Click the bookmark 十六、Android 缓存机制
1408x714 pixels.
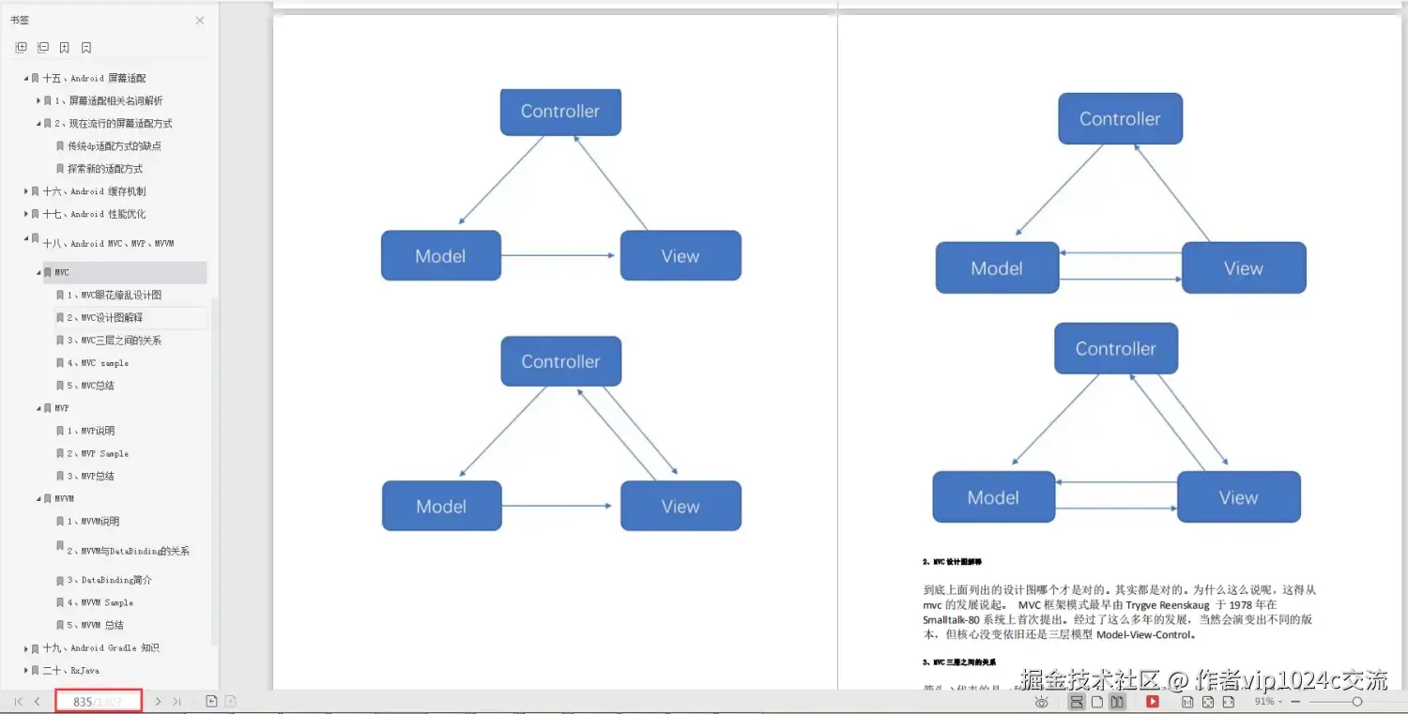click(x=94, y=191)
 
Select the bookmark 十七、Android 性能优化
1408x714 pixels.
click(x=94, y=214)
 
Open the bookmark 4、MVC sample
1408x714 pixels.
click(x=104, y=363)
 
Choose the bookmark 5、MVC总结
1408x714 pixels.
click(x=98, y=386)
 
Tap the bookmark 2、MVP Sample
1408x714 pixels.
click(x=104, y=454)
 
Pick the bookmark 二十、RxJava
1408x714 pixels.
click(x=70, y=671)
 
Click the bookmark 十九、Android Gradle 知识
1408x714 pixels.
click(x=100, y=648)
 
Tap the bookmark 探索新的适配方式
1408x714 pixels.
click(x=105, y=169)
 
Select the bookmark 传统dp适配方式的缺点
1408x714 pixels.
click(x=115, y=146)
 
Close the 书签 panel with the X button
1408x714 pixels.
click(x=200, y=20)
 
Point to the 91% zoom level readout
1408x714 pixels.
click(x=1263, y=702)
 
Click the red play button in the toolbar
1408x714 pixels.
click(x=1152, y=702)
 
